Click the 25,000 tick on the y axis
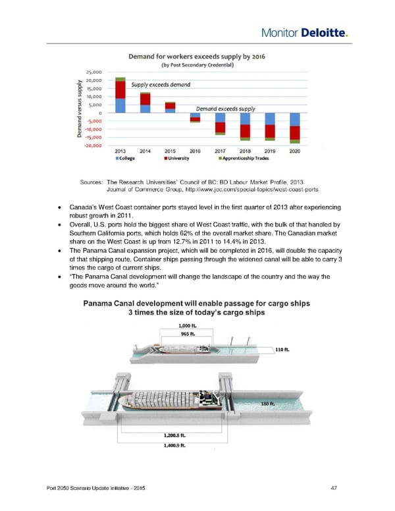pos(94,72)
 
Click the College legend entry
pos(128,158)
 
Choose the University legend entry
pos(178,158)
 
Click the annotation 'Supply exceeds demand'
pos(161,84)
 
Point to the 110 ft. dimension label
pos(284,350)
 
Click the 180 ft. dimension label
pos(267,404)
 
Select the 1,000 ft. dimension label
pos(188,324)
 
